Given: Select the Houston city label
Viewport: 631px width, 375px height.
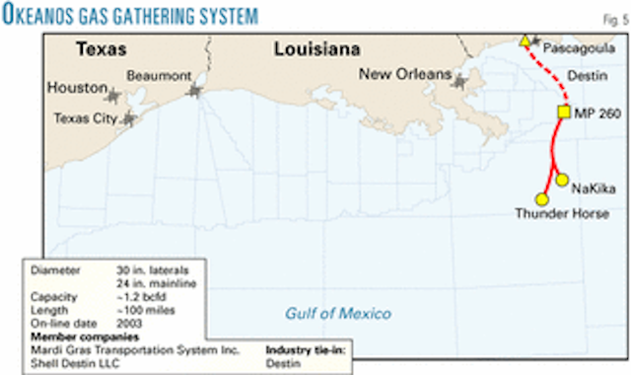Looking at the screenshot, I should pos(76,88).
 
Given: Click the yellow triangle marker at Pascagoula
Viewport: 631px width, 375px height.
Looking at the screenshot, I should pos(526,41).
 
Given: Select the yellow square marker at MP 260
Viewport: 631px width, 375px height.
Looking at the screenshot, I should pos(565,112).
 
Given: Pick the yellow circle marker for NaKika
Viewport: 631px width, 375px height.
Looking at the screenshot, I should pos(562,180).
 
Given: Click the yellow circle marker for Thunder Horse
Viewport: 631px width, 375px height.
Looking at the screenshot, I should pos(541,198).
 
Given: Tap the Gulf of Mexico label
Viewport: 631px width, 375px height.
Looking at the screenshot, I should pos(338,314).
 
